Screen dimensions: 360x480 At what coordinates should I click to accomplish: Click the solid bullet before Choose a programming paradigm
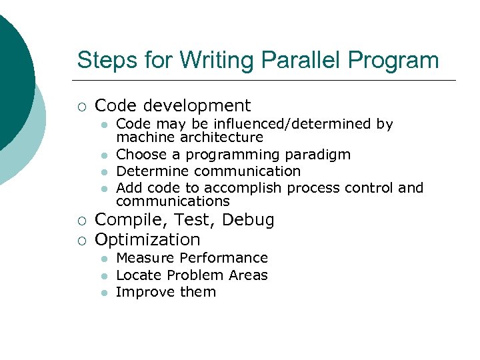pos(104,155)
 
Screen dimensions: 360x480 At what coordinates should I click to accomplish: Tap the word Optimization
pos(147,239)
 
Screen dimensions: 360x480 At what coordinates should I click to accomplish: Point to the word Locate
pos(139,275)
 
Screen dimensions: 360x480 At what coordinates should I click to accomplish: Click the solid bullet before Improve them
pos(104,293)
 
